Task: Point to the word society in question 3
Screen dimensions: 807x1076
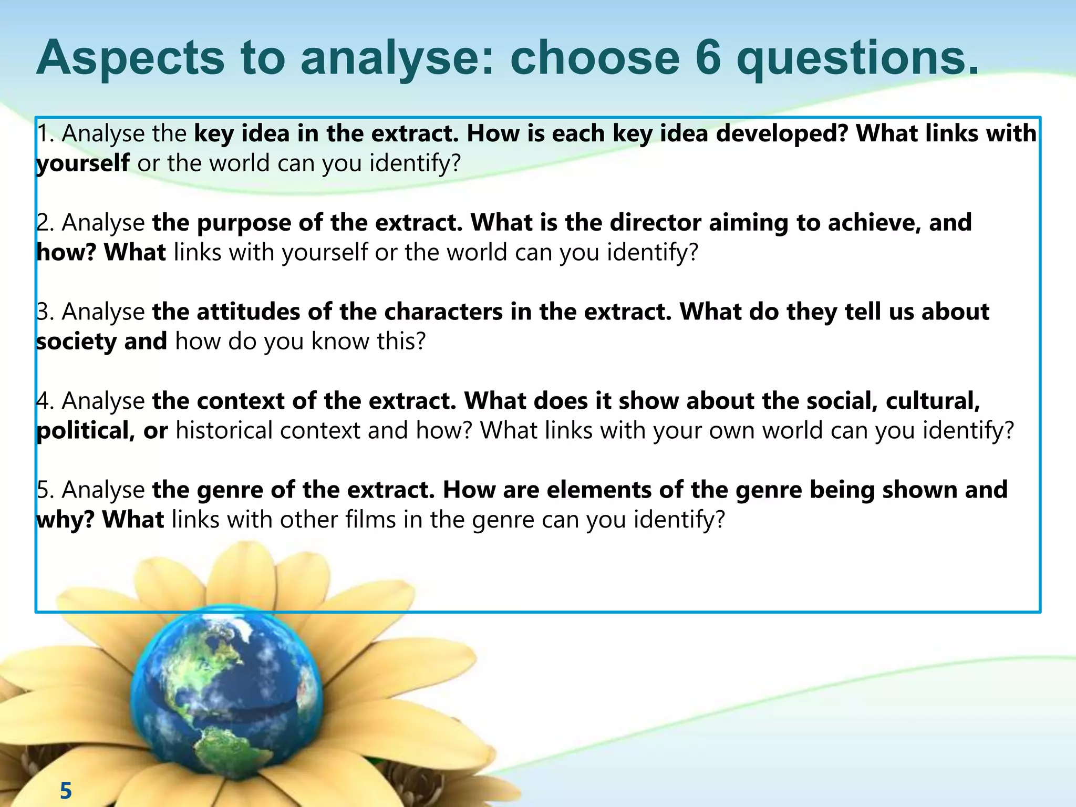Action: [x=77, y=342]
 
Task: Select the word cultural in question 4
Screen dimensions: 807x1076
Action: [x=933, y=401]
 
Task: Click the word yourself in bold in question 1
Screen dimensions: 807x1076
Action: [x=82, y=163]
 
